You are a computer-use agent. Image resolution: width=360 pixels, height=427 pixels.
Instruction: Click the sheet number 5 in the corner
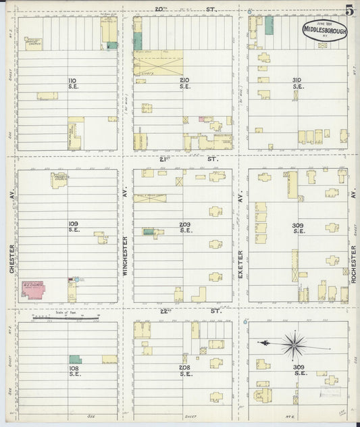tap(350, 10)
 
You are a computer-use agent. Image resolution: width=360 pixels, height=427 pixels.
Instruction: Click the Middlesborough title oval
tap(324, 30)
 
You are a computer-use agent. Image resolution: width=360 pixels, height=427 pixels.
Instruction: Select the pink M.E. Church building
tap(33, 288)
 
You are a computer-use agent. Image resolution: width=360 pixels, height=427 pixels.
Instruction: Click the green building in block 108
tap(75, 359)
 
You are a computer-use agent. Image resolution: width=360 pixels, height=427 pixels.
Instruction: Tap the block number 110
tap(72, 84)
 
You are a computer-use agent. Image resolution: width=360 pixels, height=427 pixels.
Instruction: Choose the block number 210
tap(184, 84)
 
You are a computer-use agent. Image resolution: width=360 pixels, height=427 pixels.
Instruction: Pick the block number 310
tap(297, 84)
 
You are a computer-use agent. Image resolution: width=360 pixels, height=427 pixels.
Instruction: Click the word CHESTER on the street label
tap(12, 260)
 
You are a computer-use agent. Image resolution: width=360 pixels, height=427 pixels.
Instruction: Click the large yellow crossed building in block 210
tap(158, 66)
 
